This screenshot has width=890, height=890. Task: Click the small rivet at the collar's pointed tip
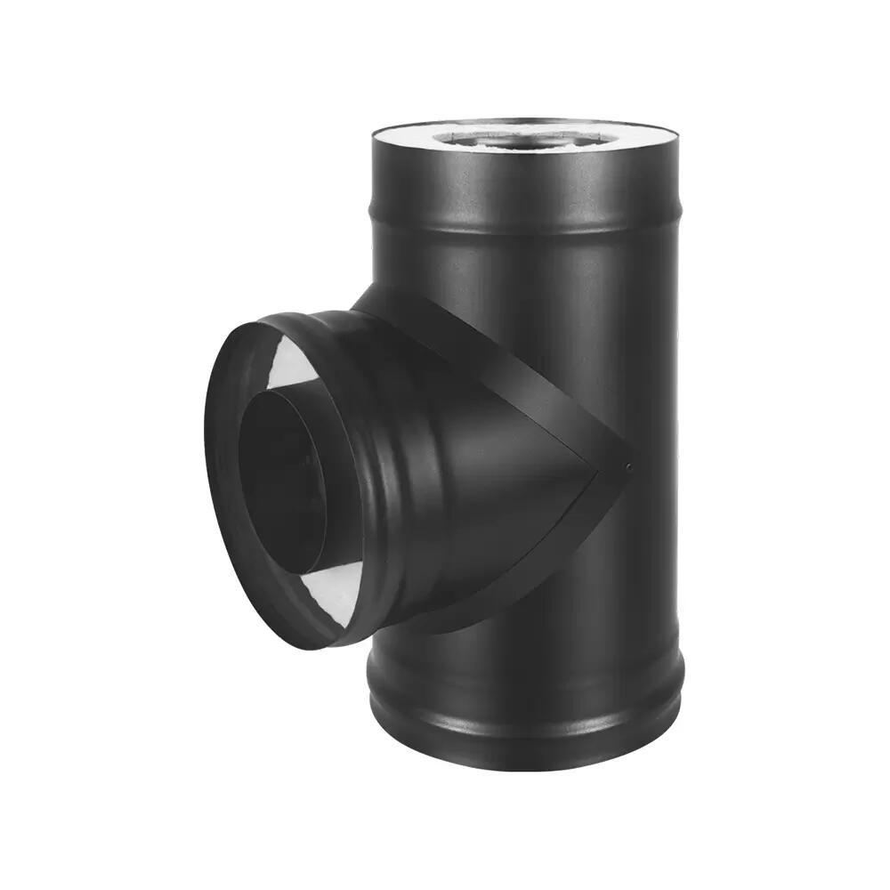point(628,466)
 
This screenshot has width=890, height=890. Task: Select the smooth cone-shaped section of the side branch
point(498,463)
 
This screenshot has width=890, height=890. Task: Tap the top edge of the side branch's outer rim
point(267,316)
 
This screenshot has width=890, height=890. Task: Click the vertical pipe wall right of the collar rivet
point(654,466)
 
